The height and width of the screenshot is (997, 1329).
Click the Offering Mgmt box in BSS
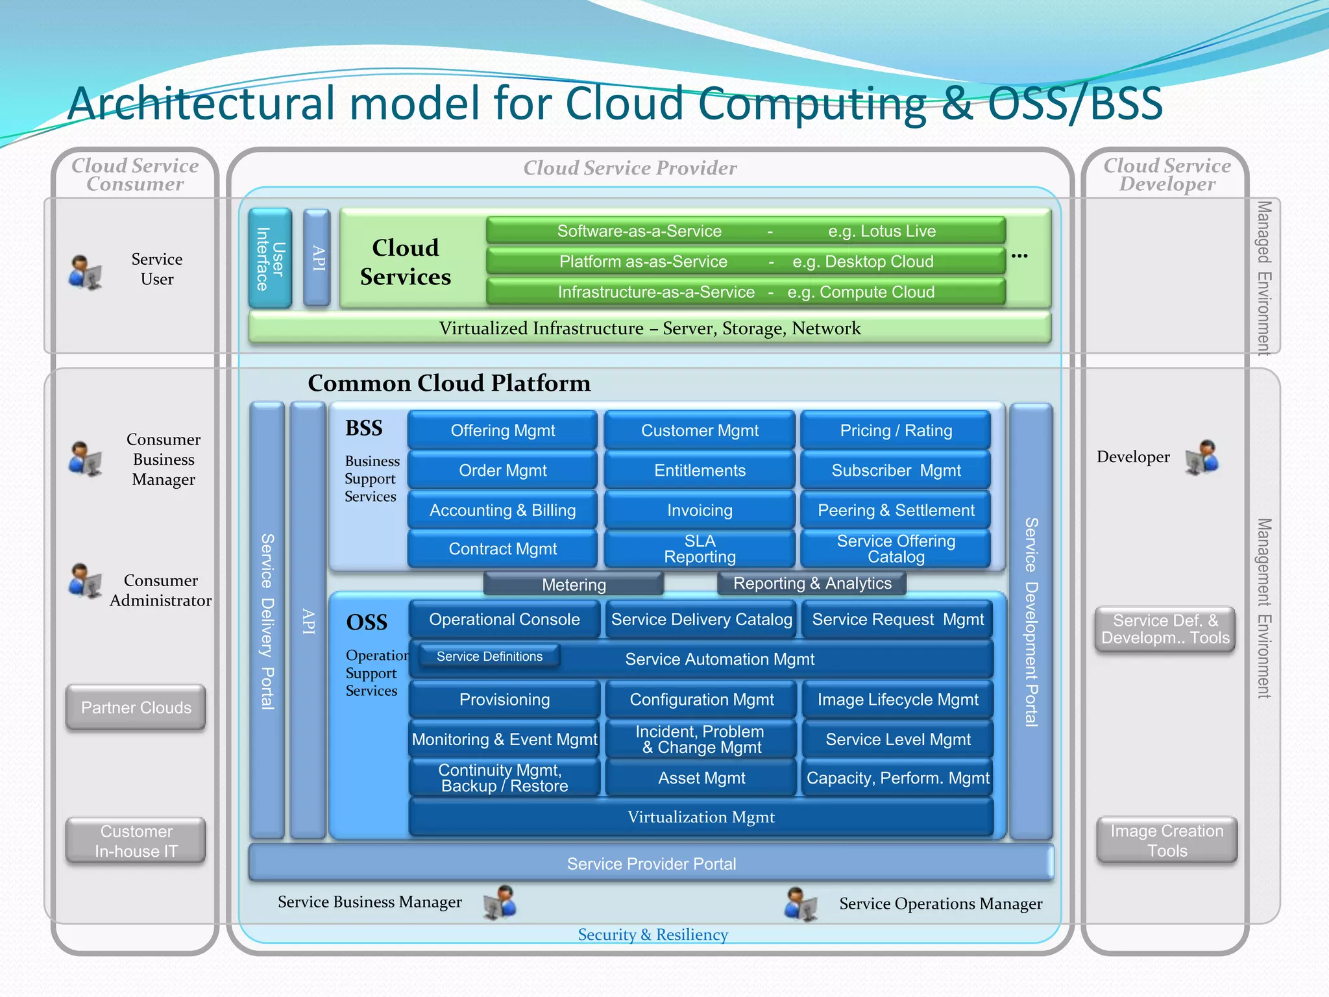(x=502, y=430)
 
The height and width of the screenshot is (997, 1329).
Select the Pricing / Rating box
(x=896, y=430)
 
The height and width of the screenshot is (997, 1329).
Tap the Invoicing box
(x=700, y=510)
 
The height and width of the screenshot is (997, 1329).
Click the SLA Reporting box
(x=700, y=549)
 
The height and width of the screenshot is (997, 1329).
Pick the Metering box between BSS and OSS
(x=574, y=584)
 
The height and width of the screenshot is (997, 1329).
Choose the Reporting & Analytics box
(x=812, y=584)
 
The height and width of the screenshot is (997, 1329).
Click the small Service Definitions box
(x=489, y=656)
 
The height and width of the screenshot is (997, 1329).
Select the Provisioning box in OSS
(x=504, y=699)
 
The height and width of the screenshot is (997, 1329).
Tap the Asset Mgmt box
(x=701, y=778)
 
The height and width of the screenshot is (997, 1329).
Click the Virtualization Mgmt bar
(x=701, y=817)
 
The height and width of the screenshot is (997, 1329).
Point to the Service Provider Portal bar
(x=651, y=863)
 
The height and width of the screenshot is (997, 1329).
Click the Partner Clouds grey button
(x=136, y=708)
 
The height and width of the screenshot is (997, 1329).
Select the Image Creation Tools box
(x=1167, y=841)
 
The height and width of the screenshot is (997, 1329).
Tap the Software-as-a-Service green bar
(x=746, y=231)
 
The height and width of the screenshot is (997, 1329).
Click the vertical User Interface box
(x=270, y=258)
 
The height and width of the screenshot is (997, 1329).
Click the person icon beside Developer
(x=1202, y=457)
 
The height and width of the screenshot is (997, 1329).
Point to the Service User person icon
(x=85, y=272)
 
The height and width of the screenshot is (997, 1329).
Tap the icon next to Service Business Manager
(x=500, y=902)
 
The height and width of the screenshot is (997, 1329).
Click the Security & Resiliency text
(x=653, y=935)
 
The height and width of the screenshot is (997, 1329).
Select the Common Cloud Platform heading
(x=449, y=383)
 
